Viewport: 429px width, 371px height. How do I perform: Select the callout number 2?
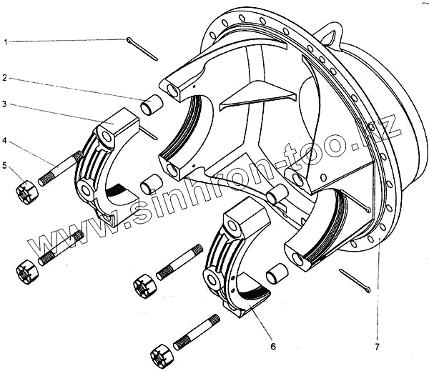tap(6, 77)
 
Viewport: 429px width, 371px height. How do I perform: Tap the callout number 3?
tap(6, 104)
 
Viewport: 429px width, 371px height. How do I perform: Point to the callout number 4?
tap(6, 141)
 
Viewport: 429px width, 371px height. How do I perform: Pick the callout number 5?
tap(6, 167)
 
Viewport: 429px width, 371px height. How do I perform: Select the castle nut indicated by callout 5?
tap(27, 191)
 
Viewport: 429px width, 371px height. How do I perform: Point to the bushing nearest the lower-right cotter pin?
tap(277, 272)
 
